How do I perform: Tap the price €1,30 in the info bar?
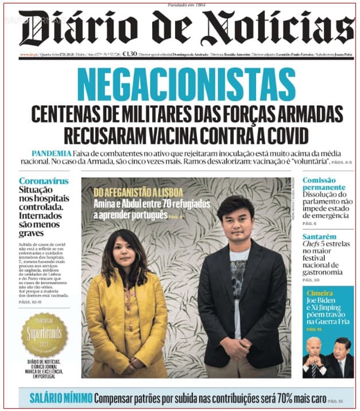click(130, 53)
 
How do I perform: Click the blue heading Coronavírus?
click(44, 180)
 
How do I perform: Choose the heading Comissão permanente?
click(324, 184)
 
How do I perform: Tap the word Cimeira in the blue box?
click(320, 293)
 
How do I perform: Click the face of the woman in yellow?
click(124, 249)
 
